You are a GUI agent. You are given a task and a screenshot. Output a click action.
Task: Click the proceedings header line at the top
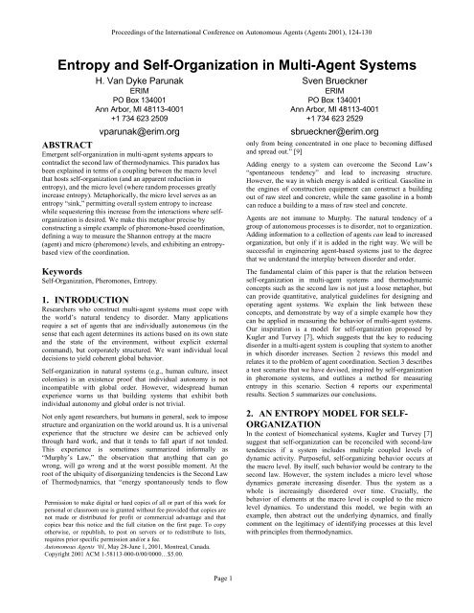click(x=237, y=9)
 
